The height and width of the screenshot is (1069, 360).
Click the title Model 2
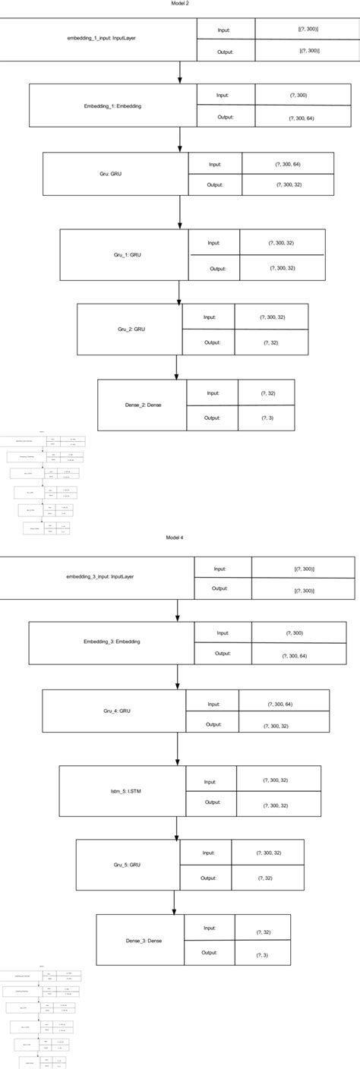(x=179, y=4)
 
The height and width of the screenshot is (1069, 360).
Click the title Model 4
(x=175, y=537)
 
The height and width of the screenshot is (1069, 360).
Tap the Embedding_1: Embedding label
(x=113, y=106)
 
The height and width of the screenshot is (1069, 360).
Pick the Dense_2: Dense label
(x=143, y=405)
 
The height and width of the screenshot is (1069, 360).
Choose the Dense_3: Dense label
(x=143, y=941)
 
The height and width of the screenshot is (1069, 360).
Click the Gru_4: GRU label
(x=118, y=710)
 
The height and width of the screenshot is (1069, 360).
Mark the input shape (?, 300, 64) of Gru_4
(x=284, y=705)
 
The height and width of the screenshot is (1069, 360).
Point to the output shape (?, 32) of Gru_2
(x=270, y=343)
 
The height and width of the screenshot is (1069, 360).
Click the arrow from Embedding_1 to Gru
(x=180, y=139)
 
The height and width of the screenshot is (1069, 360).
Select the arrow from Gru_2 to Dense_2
(x=176, y=367)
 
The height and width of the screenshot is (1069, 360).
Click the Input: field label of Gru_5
(x=209, y=853)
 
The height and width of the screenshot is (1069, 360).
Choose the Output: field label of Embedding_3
(x=223, y=653)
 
